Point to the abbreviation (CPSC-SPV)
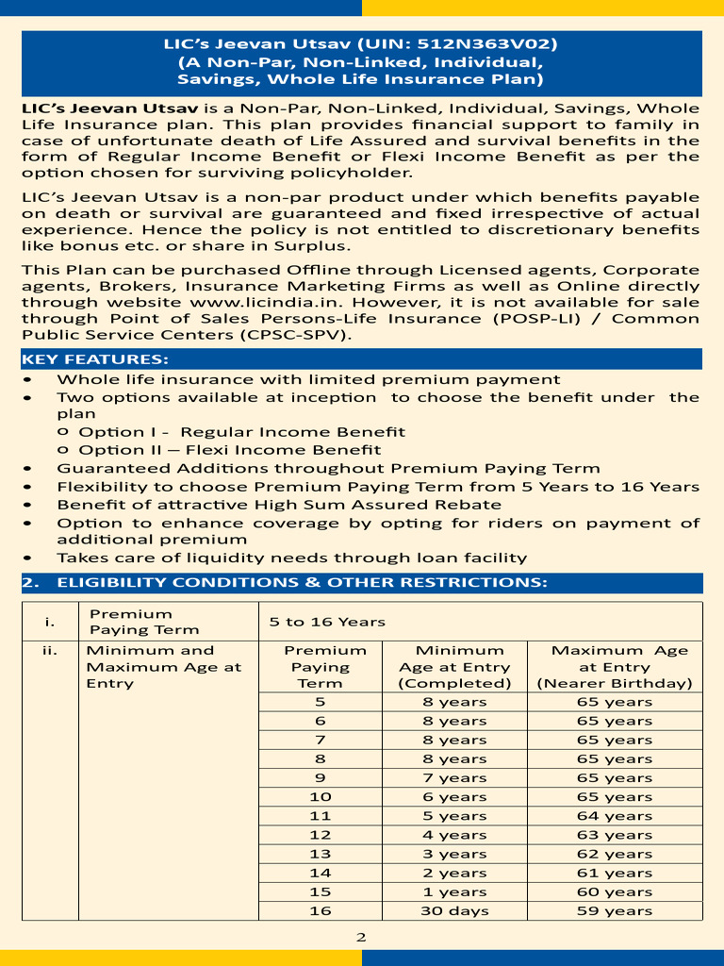click(x=294, y=335)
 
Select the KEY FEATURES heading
click(x=95, y=359)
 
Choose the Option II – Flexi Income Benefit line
click(x=230, y=450)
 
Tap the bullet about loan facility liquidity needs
click(x=291, y=558)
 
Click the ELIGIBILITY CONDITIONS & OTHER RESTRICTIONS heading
click(x=302, y=583)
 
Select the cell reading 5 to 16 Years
click(x=327, y=622)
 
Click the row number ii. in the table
click(x=49, y=650)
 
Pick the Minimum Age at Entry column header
click(x=454, y=667)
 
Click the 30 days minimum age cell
click(x=454, y=910)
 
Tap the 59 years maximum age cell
click(x=615, y=910)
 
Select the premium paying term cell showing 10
click(x=320, y=796)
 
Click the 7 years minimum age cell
click(x=454, y=777)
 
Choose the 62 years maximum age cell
click(x=615, y=854)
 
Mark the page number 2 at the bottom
click(x=361, y=938)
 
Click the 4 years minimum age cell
click(x=454, y=835)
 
